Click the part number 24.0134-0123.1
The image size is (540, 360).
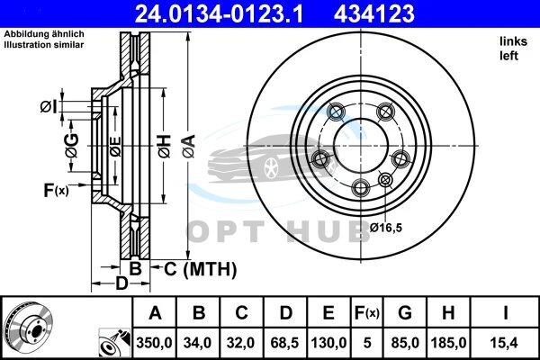click(x=219, y=13)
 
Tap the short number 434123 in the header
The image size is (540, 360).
click(x=374, y=13)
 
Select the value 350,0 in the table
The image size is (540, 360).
click(x=154, y=343)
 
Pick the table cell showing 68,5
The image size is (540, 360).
click(x=284, y=343)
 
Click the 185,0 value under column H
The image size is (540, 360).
click(x=449, y=343)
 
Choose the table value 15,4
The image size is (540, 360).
click(x=505, y=343)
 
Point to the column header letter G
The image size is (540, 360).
click(x=405, y=313)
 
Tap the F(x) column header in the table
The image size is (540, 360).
click(x=367, y=313)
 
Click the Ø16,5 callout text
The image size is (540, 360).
click(x=386, y=228)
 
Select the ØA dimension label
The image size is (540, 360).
click(x=189, y=146)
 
